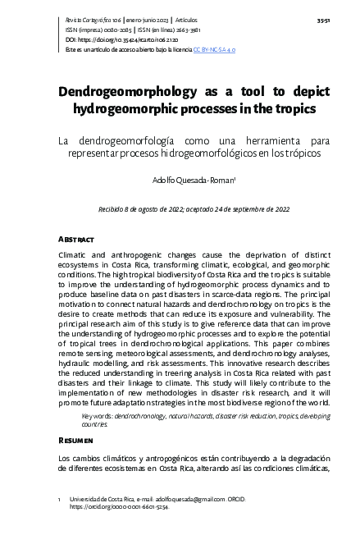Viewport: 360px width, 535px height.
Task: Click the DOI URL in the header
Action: [x=119, y=39]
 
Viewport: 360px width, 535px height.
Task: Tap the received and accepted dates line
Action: [x=194, y=209]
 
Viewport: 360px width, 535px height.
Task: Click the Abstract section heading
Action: [x=76, y=239]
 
